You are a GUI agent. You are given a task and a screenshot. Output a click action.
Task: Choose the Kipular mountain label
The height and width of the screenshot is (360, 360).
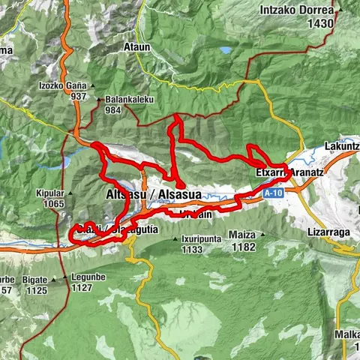[x=48, y=192]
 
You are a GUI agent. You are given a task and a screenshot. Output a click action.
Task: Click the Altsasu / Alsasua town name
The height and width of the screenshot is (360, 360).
[x=150, y=195]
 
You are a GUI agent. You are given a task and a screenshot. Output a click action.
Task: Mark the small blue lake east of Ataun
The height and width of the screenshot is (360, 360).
[x=226, y=51]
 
